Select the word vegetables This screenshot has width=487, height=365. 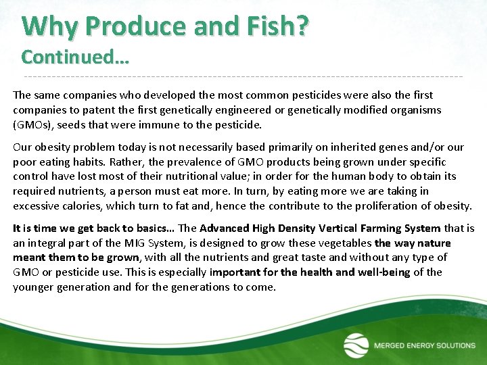[x=344, y=243]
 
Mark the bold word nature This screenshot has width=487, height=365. [x=434, y=243]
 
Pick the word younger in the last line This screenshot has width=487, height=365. [x=34, y=287]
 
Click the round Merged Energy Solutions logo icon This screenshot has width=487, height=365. [x=356, y=345]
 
